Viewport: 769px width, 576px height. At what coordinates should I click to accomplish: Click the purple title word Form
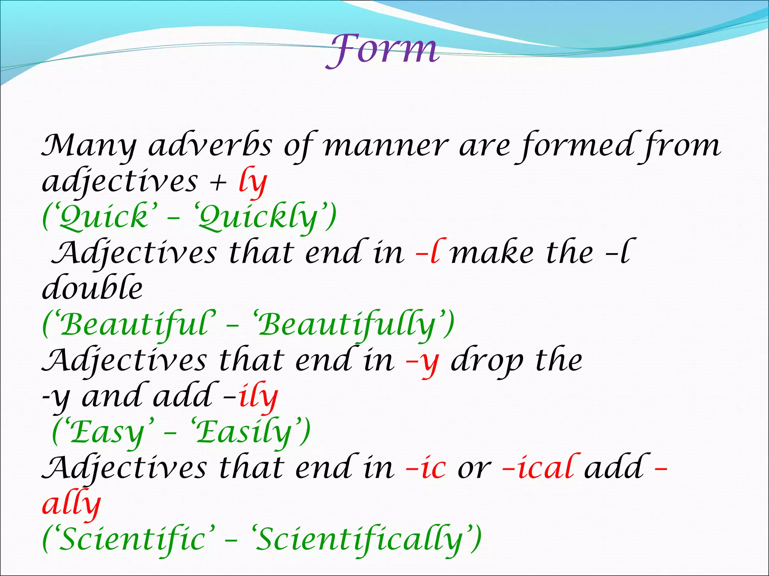[382, 51]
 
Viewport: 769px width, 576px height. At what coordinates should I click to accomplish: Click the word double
[92, 288]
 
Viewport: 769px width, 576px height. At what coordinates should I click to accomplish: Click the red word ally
[71, 504]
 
